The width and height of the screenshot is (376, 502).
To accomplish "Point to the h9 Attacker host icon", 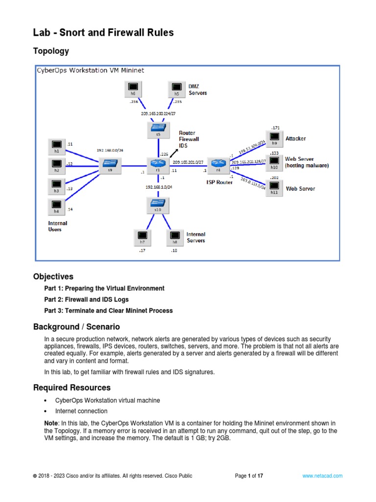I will tap(274, 137).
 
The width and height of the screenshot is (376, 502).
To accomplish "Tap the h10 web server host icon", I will tap(274, 162).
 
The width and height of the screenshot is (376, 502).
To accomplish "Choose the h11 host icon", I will tap(274, 187).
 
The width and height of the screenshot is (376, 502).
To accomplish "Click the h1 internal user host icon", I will tap(57, 146).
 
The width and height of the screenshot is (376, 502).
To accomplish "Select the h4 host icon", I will tap(57, 205).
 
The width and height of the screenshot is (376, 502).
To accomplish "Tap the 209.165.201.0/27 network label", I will tap(188, 162).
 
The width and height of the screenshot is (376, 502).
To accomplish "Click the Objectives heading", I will tap(53, 276).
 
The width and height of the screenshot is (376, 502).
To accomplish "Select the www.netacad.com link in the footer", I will tap(322, 476).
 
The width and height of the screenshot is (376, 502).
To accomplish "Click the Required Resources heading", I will tap(72, 388).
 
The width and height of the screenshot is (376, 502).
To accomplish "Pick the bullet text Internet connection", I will tap(81, 411).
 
